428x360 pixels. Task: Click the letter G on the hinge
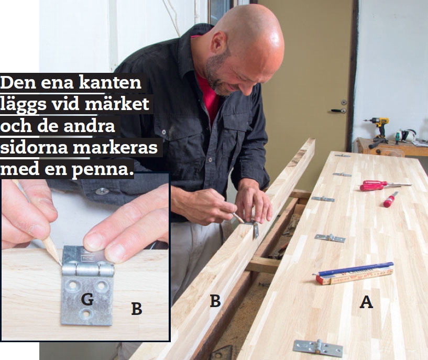click(87, 299)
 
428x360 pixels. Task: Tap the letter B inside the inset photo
click(137, 309)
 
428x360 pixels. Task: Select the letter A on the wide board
click(366, 302)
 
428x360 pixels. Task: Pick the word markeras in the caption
click(115, 148)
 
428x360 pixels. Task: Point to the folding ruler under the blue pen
click(355, 276)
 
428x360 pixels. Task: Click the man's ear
click(219, 43)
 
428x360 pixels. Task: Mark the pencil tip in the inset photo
click(61, 263)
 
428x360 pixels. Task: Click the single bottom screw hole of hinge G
click(87, 314)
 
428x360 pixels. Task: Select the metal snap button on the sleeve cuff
click(102, 191)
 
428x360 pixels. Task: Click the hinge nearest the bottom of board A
click(318, 348)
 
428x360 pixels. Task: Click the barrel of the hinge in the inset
click(88, 269)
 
